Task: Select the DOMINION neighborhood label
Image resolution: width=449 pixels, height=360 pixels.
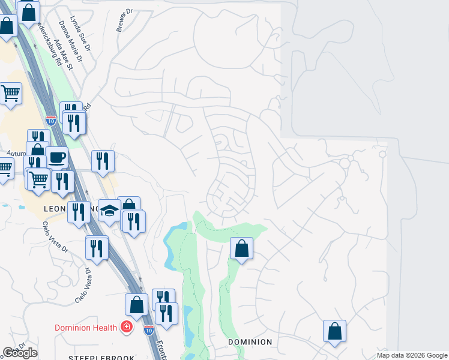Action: tap(250, 342)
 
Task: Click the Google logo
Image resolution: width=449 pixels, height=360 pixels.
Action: tap(20, 353)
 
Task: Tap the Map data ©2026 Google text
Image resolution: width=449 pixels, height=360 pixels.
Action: tap(412, 355)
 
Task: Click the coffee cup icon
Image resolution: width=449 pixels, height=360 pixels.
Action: tap(56, 157)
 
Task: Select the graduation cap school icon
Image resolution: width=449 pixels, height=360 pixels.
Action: tap(109, 210)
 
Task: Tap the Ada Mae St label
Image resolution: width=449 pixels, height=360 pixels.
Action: tap(62, 55)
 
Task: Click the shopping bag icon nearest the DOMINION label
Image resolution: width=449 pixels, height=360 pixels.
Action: tap(334, 331)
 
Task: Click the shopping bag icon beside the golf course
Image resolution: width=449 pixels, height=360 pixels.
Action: tap(241, 248)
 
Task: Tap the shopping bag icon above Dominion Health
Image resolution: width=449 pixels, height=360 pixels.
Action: tap(136, 304)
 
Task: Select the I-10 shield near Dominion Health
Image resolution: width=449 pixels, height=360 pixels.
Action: tap(148, 329)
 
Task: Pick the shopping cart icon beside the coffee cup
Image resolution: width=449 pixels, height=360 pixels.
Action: tap(39, 178)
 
